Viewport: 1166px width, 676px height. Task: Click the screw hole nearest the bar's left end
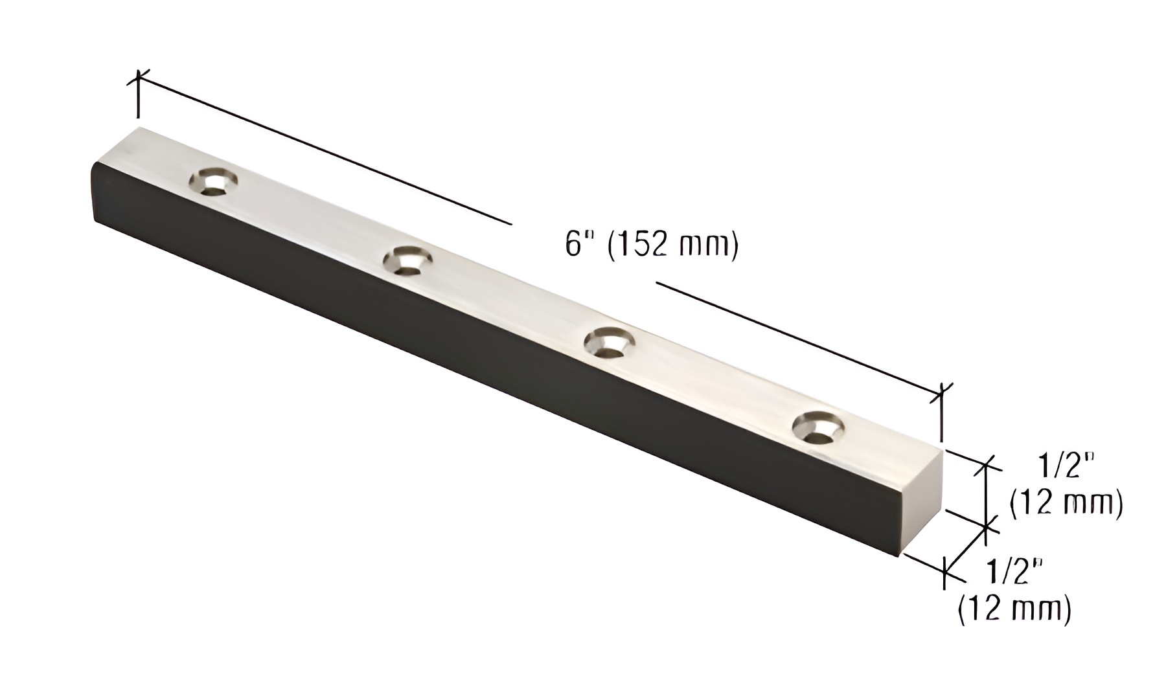[213, 181]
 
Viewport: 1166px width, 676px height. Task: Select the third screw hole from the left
[610, 341]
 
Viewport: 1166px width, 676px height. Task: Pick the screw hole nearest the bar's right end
[818, 427]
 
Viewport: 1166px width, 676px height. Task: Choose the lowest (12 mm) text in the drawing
[1014, 609]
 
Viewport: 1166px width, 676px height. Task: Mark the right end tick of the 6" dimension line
[941, 392]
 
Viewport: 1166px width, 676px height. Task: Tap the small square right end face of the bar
[920, 505]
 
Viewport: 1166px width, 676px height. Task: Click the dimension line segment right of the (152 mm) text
[797, 336]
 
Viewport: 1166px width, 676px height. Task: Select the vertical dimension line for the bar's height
[986, 495]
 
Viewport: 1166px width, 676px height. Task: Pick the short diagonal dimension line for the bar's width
[966, 550]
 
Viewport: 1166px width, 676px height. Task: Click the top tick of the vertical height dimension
[987, 464]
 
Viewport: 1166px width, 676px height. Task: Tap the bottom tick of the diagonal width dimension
[945, 572]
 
